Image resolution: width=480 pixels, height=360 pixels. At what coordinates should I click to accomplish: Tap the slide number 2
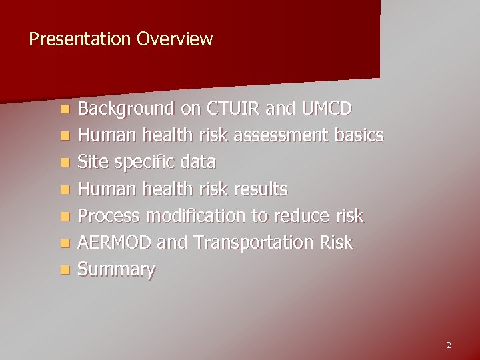(x=449, y=345)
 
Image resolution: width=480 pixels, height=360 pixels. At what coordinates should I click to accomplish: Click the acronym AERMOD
(x=114, y=243)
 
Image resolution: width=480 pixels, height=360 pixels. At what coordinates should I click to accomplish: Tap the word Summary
(x=116, y=270)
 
